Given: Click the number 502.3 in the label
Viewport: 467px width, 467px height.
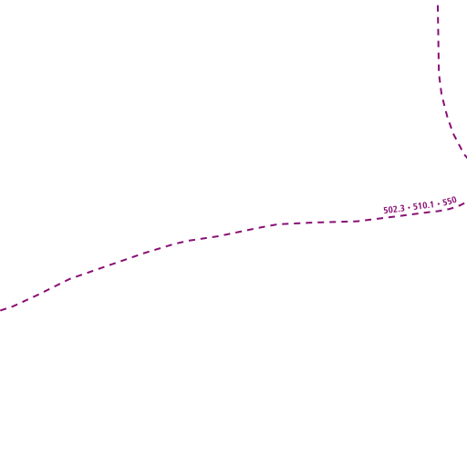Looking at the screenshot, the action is coord(394,209).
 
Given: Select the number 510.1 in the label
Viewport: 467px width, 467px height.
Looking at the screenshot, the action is coord(423,205).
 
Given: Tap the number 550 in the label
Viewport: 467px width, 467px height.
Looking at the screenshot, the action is coord(450,202).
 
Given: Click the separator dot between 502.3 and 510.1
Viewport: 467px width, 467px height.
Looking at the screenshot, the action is coord(409,208).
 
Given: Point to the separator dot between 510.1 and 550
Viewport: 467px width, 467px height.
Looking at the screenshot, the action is coord(438,203).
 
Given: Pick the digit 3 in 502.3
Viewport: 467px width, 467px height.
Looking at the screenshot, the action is coord(402,208).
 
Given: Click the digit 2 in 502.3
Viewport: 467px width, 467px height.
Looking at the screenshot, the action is coord(395,209).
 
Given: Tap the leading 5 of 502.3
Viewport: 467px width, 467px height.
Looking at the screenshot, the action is coord(386,211).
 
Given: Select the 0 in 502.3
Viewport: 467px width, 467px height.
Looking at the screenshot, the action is coord(390,210).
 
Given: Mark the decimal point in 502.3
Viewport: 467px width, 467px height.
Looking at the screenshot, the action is coord(399,211).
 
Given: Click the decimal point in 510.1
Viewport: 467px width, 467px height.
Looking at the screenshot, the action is coord(428,207).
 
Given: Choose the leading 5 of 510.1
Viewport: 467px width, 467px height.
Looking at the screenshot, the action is coord(415,207).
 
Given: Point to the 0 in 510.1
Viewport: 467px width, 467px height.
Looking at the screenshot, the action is coord(424,205).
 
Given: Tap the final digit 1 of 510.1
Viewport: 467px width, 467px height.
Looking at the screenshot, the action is coord(431,204).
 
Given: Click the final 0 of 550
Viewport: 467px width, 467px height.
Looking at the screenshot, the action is coord(454,201).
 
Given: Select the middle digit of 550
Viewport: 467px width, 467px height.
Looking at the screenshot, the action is coord(450,202).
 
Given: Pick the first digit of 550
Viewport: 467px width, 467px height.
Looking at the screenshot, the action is coord(445,202).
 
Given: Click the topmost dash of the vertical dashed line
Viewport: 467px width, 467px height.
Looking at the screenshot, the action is coord(438,8).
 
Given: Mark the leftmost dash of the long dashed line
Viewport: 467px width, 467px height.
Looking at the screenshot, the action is coord(3,310).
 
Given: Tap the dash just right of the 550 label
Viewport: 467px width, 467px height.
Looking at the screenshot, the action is coord(462,203).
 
